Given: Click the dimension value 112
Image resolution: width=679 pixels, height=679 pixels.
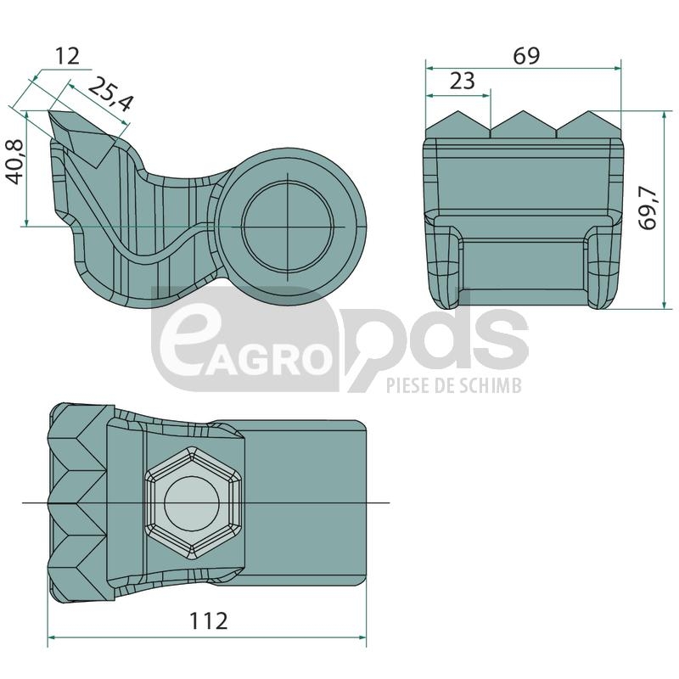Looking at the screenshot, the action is [208, 621].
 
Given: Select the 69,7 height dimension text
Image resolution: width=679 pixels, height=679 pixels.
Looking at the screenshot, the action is [648, 209].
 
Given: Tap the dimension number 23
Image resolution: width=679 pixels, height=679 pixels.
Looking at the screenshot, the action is [462, 81].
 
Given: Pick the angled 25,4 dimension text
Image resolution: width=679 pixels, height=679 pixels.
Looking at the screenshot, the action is [110, 94].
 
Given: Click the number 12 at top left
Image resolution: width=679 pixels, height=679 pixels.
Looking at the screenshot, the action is [68, 56].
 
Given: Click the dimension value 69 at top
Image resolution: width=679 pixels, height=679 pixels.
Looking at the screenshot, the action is [526, 56].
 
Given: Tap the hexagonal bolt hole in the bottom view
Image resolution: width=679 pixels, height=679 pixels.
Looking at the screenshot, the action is [194, 502].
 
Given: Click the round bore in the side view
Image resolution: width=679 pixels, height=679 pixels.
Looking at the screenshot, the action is [289, 227].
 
